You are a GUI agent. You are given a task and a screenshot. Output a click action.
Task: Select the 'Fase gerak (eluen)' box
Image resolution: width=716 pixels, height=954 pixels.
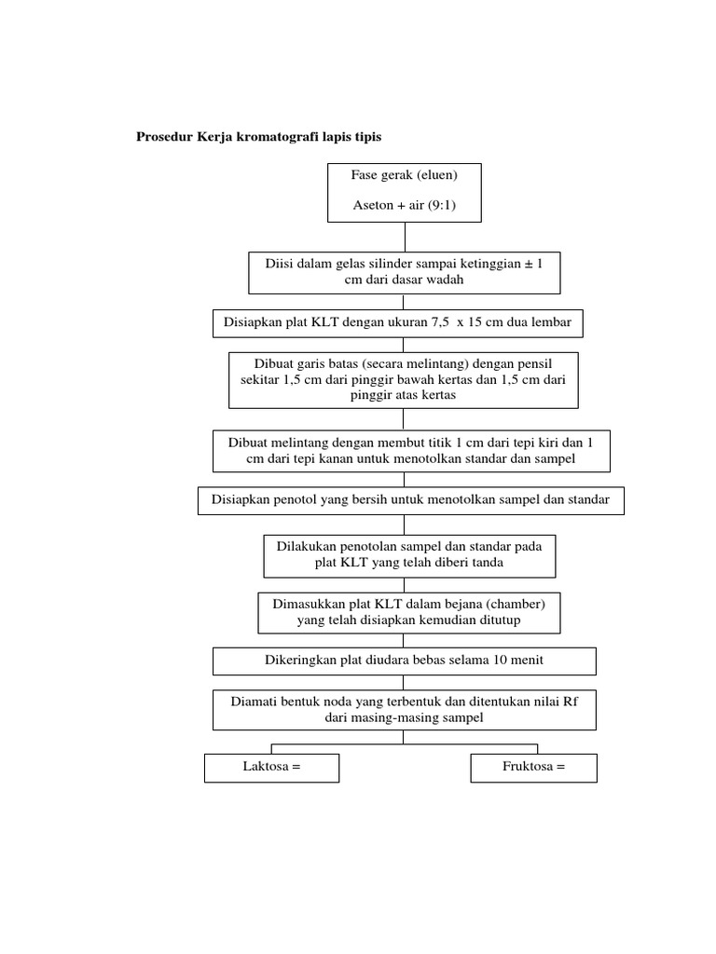click(x=404, y=192)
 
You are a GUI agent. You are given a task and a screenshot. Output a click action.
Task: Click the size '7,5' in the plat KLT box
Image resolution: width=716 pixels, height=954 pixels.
click(x=440, y=323)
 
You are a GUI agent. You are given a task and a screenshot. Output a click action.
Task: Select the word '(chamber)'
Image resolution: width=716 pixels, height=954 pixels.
click(x=515, y=604)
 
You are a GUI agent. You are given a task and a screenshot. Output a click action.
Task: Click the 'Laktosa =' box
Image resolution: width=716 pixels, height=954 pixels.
click(x=271, y=768)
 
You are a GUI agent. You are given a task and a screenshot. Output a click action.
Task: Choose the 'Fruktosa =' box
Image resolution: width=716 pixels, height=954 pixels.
click(x=533, y=768)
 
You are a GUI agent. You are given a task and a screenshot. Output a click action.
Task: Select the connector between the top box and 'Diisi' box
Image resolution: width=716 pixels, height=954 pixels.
click(x=404, y=237)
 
